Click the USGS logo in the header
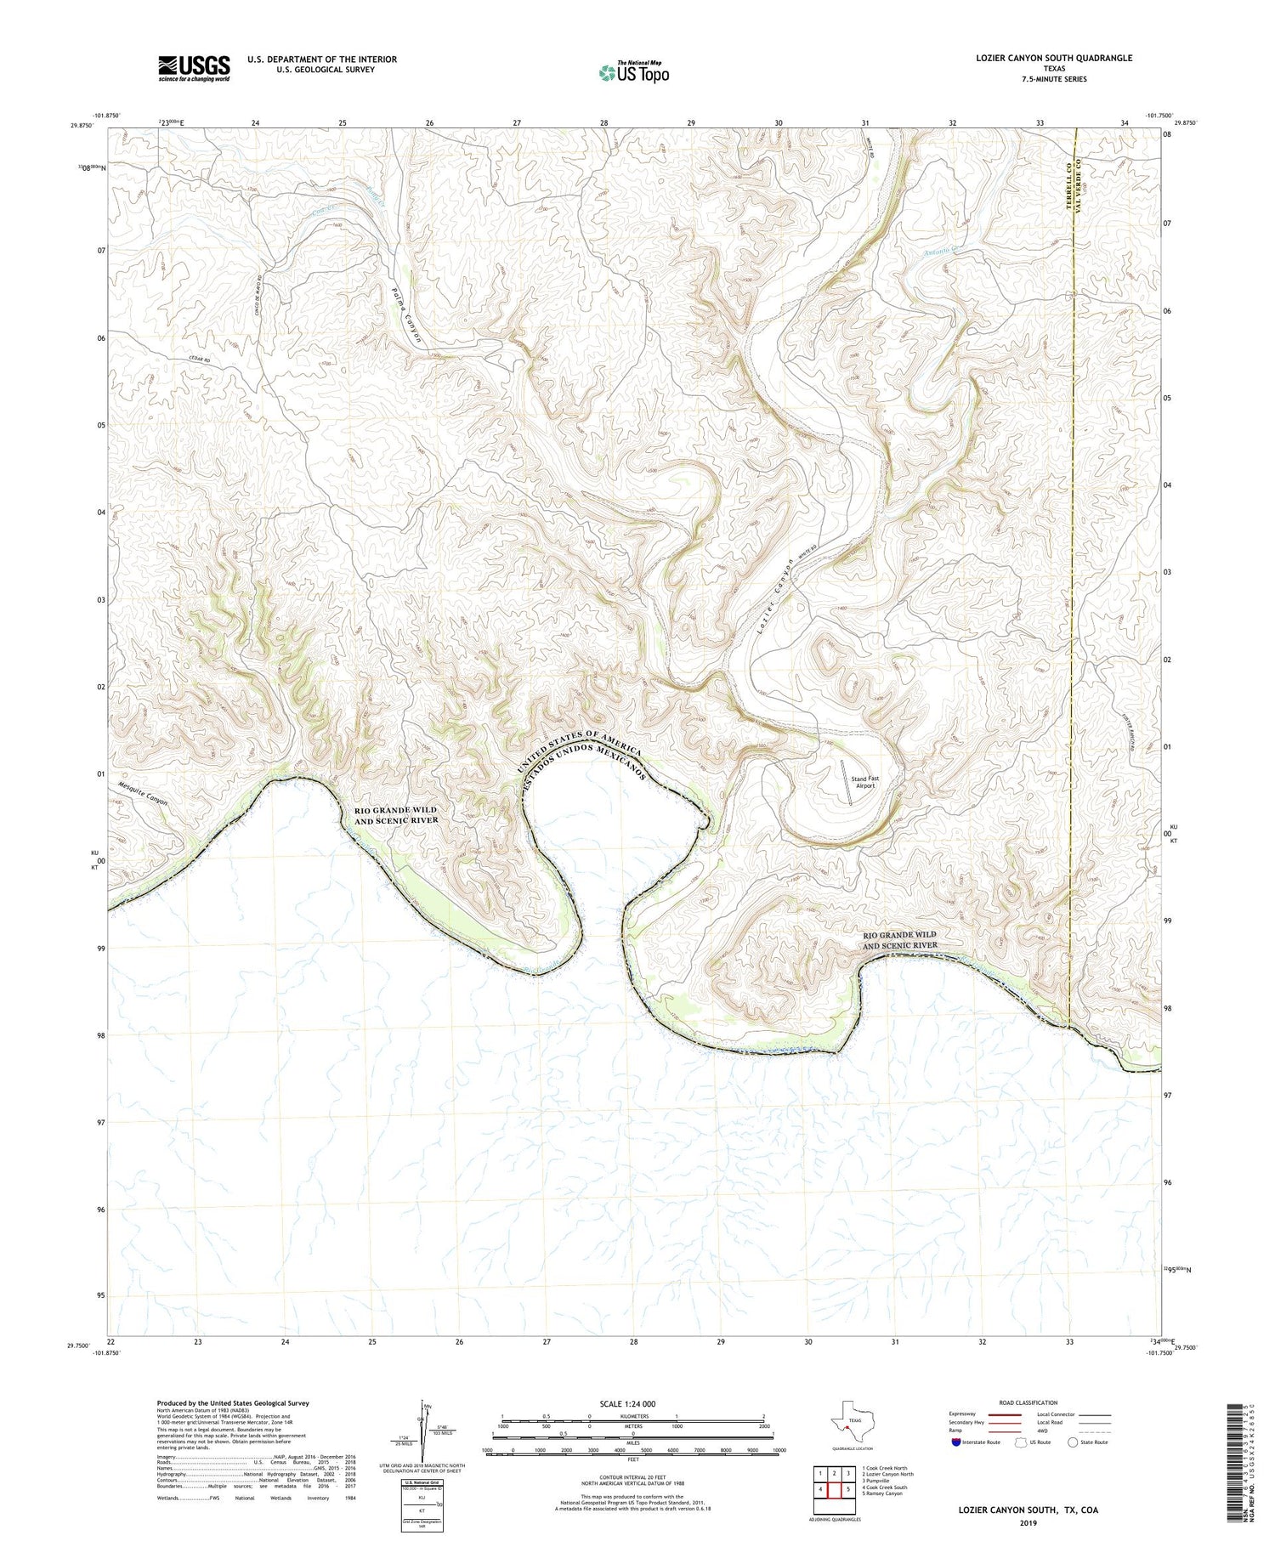[194, 69]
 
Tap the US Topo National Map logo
[633, 72]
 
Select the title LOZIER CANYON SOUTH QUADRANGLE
[1053, 58]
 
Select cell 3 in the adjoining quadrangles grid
[847, 1475]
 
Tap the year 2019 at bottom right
[1028, 1521]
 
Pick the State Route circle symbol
[1073, 1442]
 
